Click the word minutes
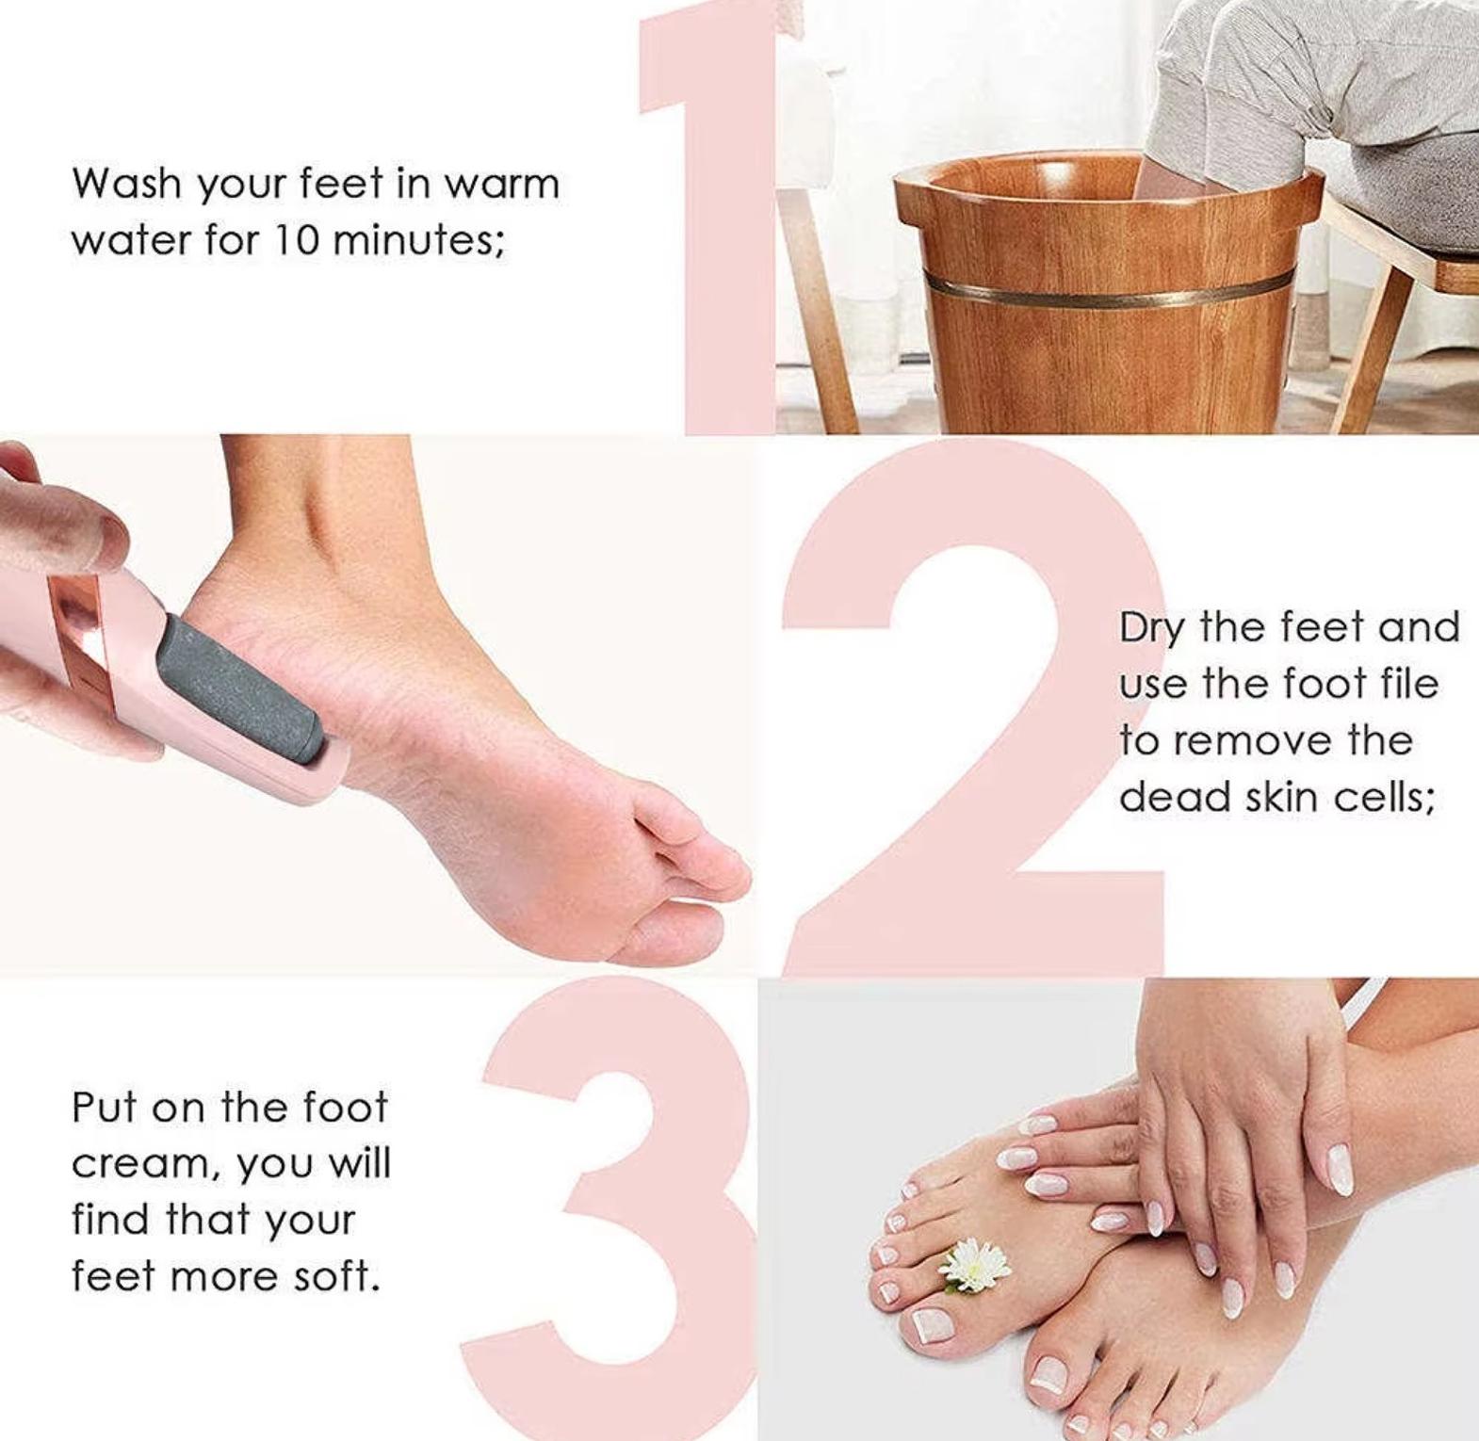point(418,240)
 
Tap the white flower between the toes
point(976,1264)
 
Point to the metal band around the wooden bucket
point(1108,287)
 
